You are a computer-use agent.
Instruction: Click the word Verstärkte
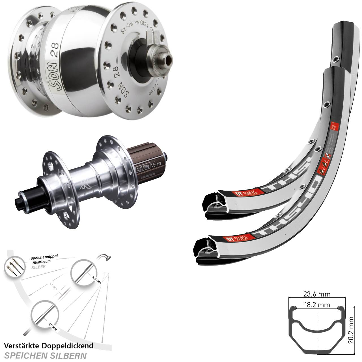coord(21,345)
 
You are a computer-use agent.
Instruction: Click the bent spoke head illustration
coord(105,257)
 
